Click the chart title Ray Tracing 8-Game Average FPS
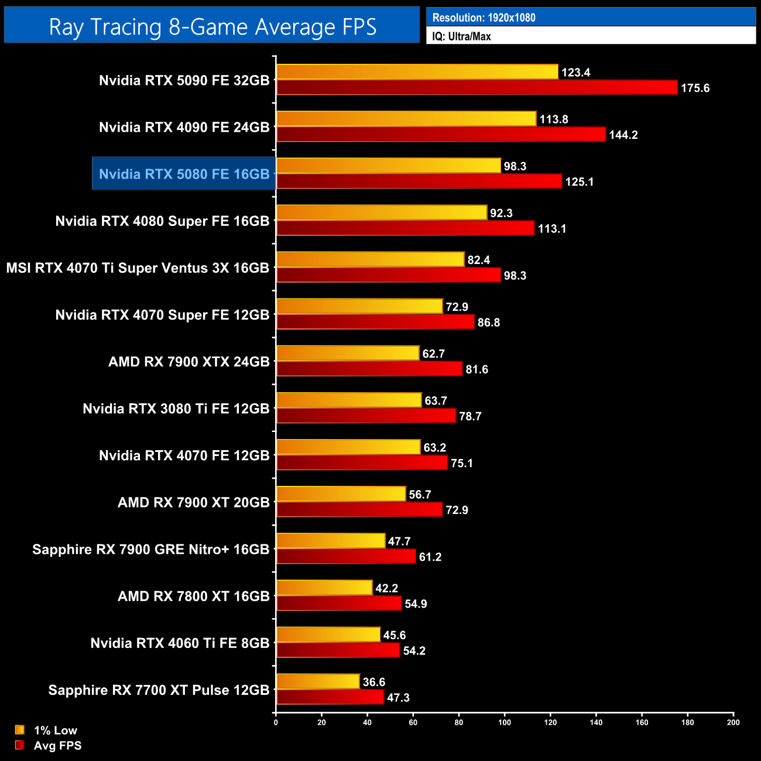pos(212,27)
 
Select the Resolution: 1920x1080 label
pos(484,18)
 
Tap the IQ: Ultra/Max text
pos(461,36)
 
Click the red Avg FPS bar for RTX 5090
pos(477,88)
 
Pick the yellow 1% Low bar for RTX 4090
pos(406,119)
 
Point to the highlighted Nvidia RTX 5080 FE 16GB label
pos(184,174)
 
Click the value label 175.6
pos(695,88)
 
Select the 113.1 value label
pos(552,229)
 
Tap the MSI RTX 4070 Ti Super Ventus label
pos(138,268)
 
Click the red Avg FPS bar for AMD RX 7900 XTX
pos(369,369)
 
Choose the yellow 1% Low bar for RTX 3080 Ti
pos(349,400)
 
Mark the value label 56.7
pos(420,495)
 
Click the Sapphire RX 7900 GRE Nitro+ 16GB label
pos(150,549)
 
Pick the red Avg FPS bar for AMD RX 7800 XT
pos(339,604)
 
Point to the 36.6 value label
pos(373,682)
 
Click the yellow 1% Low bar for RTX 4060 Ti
pos(328,635)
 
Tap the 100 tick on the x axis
pos(505,722)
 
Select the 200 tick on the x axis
pos(733,722)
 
